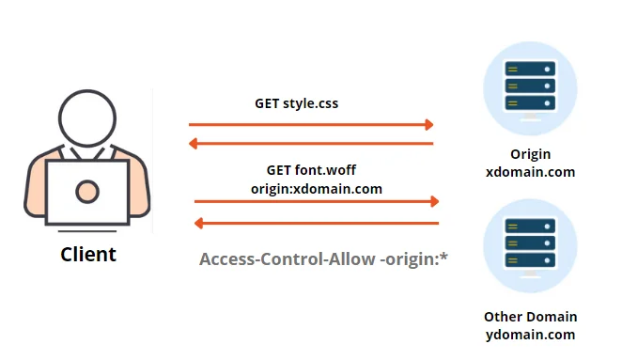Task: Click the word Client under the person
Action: pos(88,254)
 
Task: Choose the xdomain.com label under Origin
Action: pos(530,172)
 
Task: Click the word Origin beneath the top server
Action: pos(531,154)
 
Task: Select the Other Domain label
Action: pos(530,317)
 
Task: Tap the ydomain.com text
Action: pos(530,335)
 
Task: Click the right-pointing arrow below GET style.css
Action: pos(311,124)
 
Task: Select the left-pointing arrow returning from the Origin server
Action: pos(311,144)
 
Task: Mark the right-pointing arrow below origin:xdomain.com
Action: pos(317,201)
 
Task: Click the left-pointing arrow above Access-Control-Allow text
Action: pos(317,223)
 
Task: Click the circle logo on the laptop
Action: pos(87,192)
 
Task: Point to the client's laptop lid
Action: pos(87,193)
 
